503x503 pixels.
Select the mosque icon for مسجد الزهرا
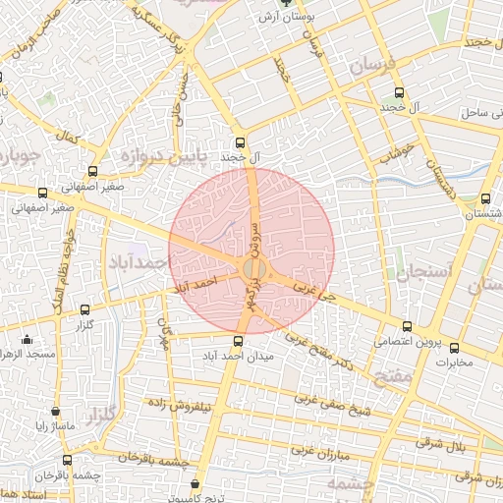[x=26, y=340]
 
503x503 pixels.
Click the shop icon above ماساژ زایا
[x=55, y=411]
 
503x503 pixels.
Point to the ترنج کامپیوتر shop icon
[x=195, y=484]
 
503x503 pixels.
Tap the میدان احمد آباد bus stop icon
[x=237, y=341]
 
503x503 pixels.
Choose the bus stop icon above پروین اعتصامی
[x=407, y=326]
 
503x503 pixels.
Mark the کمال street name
[x=68, y=134]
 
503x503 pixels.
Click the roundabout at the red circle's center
[x=251, y=267]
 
